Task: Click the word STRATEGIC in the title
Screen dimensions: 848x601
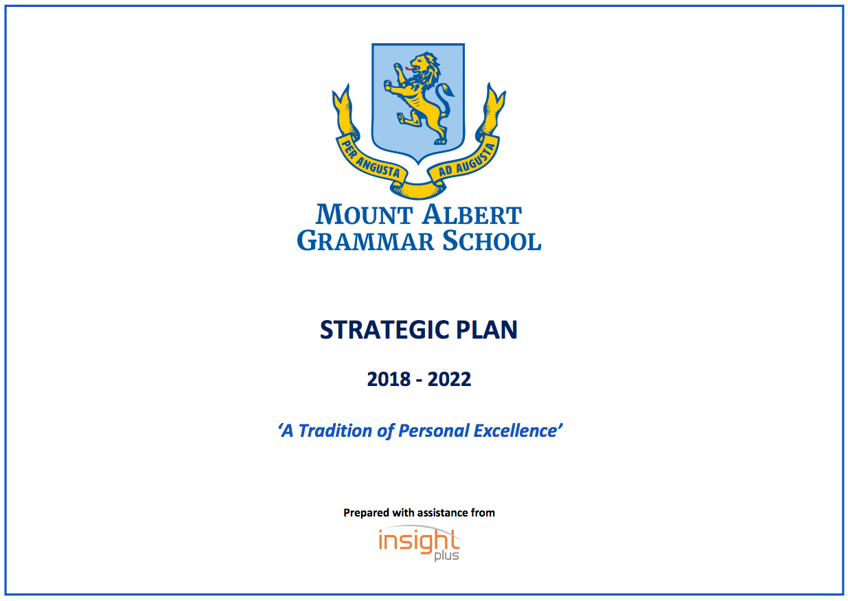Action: point(385,330)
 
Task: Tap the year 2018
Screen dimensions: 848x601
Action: point(389,379)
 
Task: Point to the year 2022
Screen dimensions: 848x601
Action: point(449,379)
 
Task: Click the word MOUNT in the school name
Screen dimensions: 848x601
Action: point(364,215)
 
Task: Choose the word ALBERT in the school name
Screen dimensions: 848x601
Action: point(472,215)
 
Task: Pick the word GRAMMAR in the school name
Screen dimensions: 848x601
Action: point(365,240)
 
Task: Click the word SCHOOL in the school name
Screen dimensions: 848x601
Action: point(492,240)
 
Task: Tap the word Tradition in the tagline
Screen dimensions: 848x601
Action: point(335,431)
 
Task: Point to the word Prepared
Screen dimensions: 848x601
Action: point(366,513)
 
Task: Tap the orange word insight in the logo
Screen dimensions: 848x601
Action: point(419,541)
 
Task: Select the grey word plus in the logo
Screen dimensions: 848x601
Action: point(446,556)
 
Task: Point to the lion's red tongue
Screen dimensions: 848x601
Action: point(409,69)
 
